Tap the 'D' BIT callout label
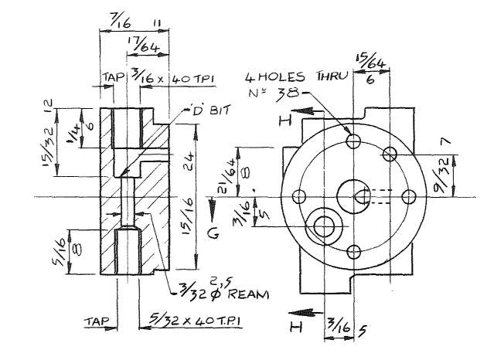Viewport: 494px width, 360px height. [206, 111]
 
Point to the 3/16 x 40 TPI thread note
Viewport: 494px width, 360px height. [172, 80]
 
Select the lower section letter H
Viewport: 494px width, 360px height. [295, 328]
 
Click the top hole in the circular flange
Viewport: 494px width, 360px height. [354, 141]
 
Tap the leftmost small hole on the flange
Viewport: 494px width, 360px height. [299, 196]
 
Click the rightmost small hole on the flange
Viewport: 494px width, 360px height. [409, 196]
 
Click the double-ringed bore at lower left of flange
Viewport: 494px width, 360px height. [323, 226]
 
